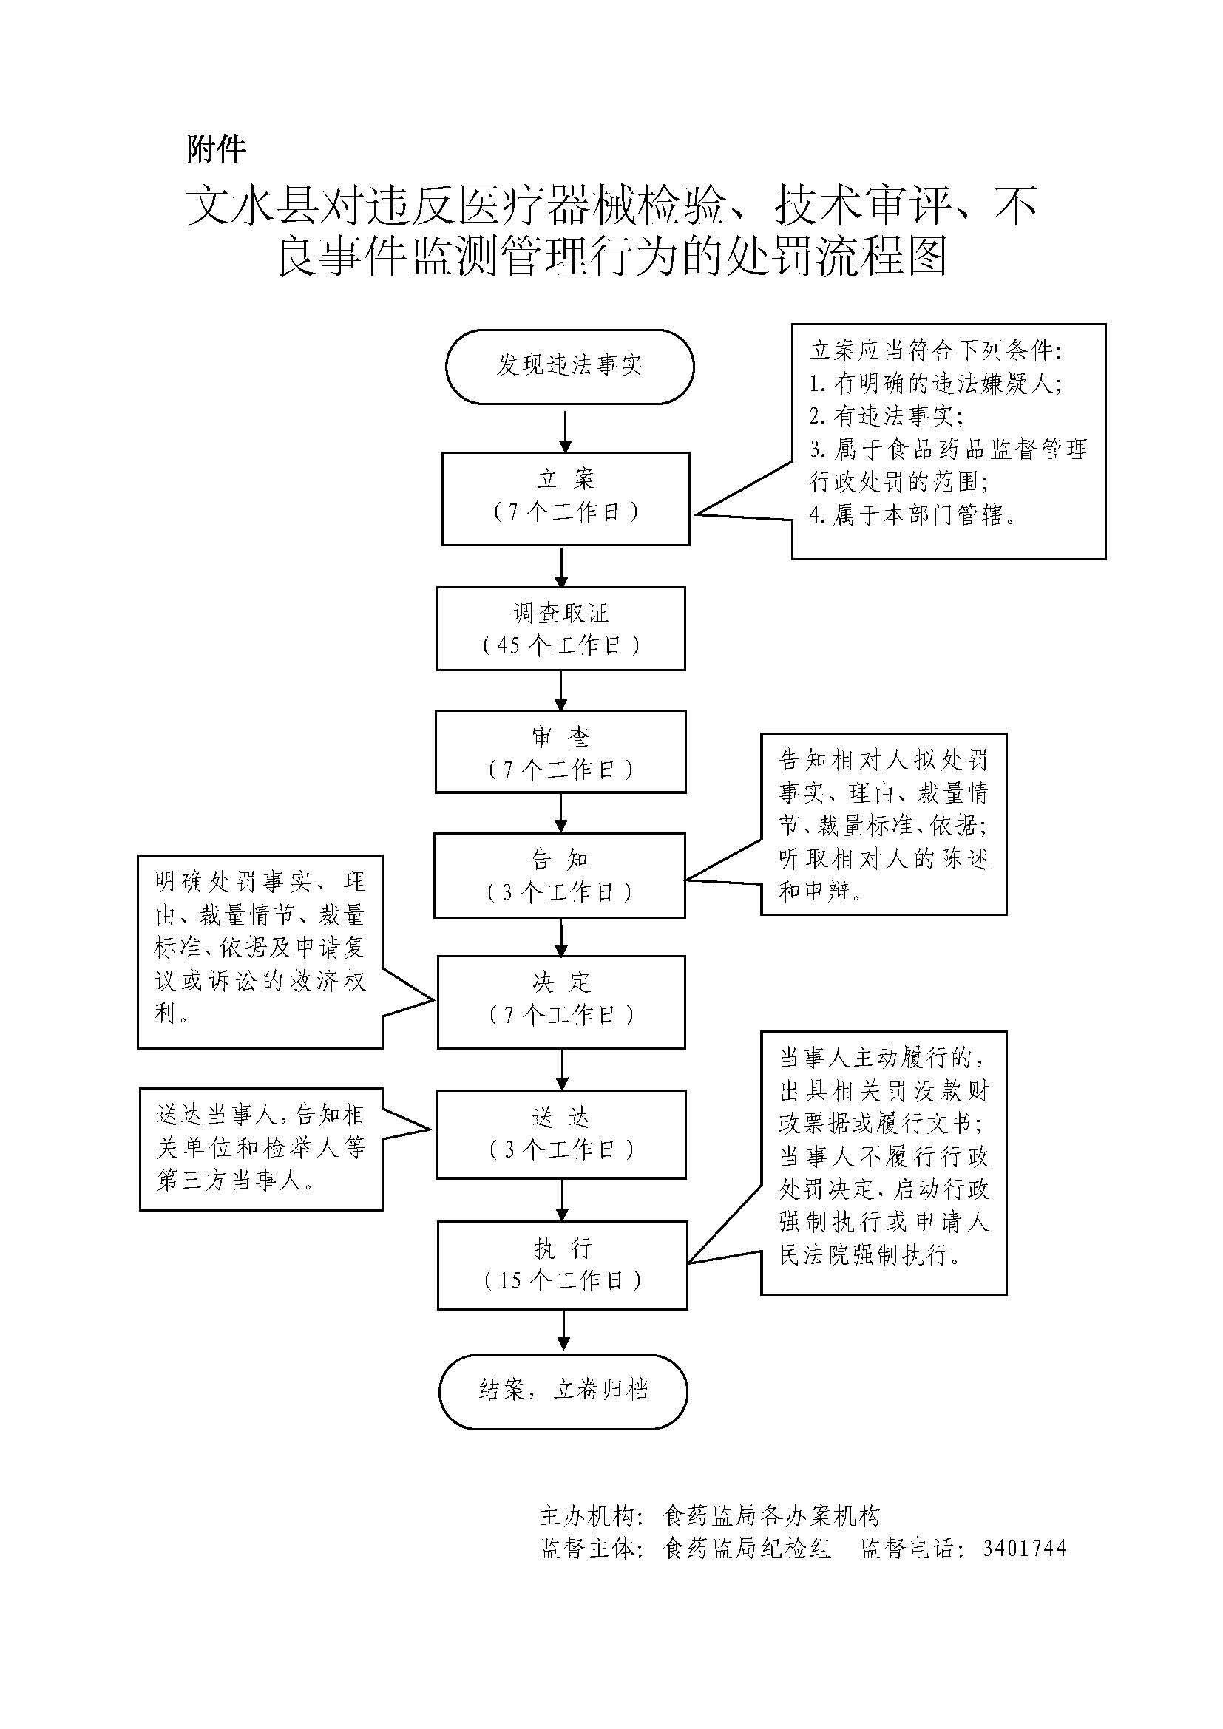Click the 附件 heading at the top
[x=216, y=149]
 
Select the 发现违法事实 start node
[x=569, y=366]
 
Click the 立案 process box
[x=566, y=497]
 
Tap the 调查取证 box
[x=561, y=628]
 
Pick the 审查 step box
[x=560, y=752]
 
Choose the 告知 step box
[x=560, y=875]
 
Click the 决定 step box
[x=561, y=1001]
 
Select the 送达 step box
[x=561, y=1134]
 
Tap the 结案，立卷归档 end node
[x=563, y=1390]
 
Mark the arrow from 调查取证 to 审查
[x=561, y=690]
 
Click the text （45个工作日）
[x=561, y=645]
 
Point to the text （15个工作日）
[x=563, y=1280]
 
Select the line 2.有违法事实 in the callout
[x=887, y=416]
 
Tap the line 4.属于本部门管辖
[x=912, y=515]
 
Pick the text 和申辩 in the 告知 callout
[x=820, y=891]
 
